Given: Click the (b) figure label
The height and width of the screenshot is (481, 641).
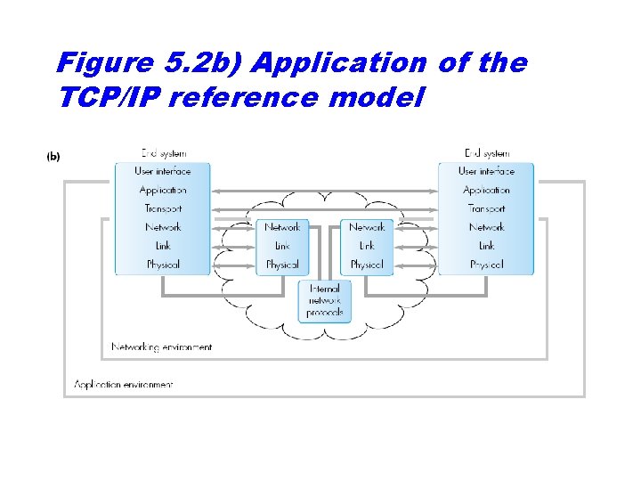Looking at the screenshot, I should pos(53,156).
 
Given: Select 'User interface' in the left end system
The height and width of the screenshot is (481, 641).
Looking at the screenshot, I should pos(163,171).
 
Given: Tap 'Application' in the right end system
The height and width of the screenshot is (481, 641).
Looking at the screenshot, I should pos(486,190).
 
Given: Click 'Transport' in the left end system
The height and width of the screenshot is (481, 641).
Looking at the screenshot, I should pos(163,208).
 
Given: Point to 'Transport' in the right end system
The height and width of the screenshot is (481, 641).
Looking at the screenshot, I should pos(486,208).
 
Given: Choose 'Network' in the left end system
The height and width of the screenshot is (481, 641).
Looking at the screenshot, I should pos(163,227).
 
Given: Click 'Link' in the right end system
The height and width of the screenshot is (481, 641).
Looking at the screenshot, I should pos(486,246).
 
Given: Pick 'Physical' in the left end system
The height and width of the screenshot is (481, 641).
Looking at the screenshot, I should pos(163,265).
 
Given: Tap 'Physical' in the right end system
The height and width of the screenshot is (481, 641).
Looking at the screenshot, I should pos(486,265).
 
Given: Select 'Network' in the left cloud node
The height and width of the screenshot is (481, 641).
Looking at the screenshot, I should pos(282,227).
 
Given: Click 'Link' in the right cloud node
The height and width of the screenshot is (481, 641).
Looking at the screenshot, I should pos(367,246).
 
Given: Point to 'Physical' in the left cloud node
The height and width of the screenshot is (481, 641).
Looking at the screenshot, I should pos(282,265).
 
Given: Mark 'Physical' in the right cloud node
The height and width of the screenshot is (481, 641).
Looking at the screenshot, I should pos(367,265).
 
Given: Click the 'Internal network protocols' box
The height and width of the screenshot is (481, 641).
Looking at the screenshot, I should pos(324,301).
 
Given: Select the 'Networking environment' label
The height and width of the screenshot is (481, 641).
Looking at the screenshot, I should pos(162,347).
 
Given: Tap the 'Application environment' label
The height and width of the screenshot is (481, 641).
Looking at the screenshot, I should pos(124,385).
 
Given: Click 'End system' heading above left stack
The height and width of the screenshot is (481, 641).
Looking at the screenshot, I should pos(164,153).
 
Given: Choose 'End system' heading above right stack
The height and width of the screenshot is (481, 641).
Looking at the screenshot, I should pos(487,153).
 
